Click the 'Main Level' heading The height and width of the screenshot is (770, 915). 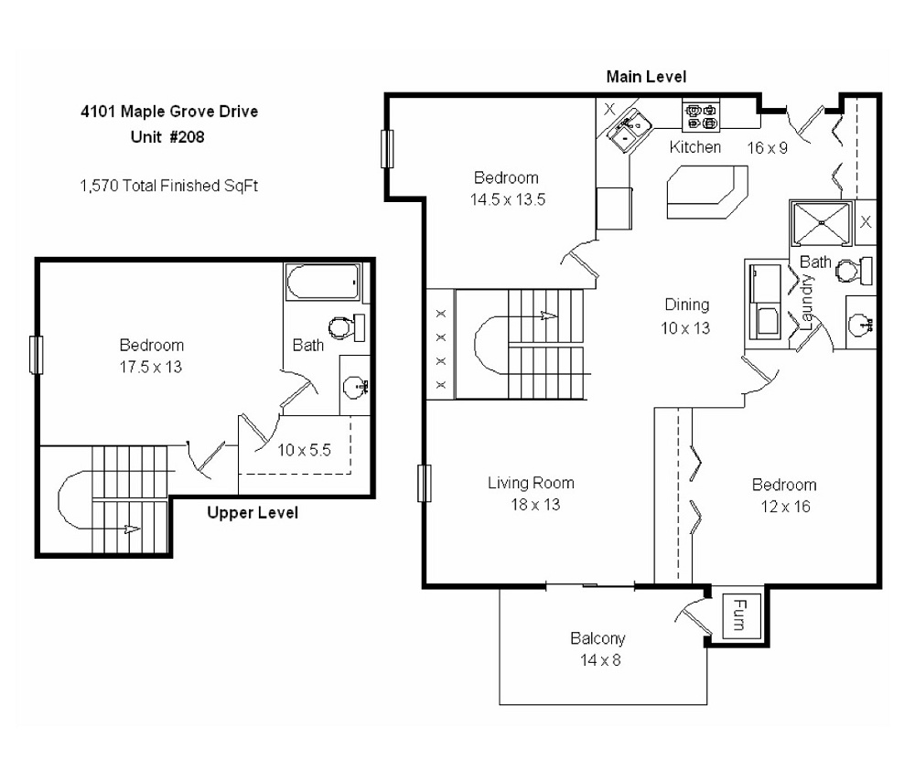coord(646,77)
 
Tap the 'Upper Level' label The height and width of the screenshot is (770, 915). coord(252,513)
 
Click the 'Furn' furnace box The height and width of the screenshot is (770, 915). coord(737,615)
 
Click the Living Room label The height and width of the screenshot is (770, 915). coord(531,483)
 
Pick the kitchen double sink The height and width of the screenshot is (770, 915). coord(628,130)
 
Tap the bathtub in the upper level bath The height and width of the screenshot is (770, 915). coord(324,283)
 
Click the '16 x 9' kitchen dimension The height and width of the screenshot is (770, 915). coord(768,147)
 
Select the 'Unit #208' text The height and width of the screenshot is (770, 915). coord(166,138)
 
